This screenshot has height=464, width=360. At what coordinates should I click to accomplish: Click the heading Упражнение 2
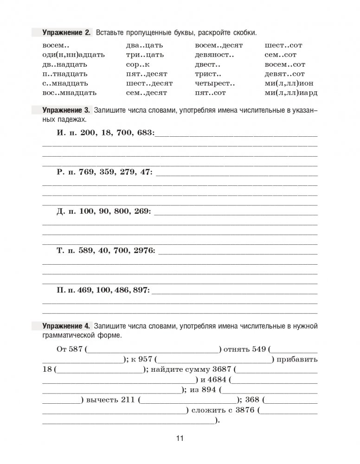[66, 33]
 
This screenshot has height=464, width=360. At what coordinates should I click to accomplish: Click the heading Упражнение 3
[66, 110]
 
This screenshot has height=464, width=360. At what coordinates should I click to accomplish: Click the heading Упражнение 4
[66, 326]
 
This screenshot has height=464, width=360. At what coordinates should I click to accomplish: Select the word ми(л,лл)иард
[291, 92]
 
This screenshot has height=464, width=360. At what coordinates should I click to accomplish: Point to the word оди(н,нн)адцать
[73, 55]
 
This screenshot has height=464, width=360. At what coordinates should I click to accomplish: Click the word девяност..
[214, 55]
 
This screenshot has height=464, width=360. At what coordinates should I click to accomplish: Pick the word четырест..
[215, 83]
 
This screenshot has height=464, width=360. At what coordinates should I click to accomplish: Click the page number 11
[180, 439]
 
